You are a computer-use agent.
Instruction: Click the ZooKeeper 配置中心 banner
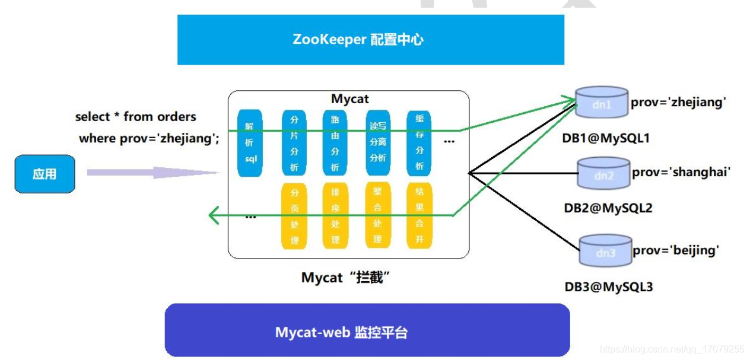click(x=370, y=40)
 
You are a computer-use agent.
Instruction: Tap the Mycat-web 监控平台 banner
click(x=367, y=330)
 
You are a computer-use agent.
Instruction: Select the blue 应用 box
click(x=45, y=174)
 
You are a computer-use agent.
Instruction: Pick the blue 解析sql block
click(x=250, y=143)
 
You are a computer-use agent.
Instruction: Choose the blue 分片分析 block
click(x=294, y=143)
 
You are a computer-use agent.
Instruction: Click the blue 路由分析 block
click(x=335, y=143)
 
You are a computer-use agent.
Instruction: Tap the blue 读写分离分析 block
click(x=377, y=143)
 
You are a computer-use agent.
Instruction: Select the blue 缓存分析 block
click(x=419, y=143)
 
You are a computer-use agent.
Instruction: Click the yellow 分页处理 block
click(x=294, y=216)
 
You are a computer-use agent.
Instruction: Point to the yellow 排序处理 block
click(x=335, y=216)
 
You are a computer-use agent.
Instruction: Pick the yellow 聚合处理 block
click(x=377, y=216)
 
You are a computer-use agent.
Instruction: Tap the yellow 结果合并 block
click(x=419, y=216)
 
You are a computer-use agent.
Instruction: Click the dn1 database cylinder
click(x=602, y=102)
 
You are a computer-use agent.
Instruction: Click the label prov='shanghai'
click(x=681, y=173)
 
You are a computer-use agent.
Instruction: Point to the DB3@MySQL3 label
click(x=608, y=287)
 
